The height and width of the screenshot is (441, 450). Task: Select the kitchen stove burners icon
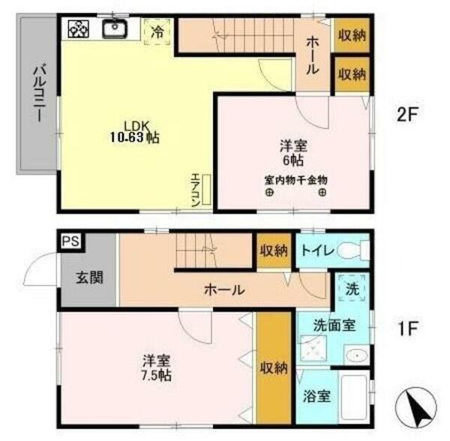[x=79, y=29]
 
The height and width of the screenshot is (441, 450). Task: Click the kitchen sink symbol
[x=113, y=29]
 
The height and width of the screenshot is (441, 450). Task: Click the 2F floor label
[x=407, y=115]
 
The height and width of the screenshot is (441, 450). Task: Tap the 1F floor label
[x=407, y=328]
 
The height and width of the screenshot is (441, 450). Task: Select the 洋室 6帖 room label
[x=293, y=152]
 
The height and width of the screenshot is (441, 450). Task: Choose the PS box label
[x=70, y=241]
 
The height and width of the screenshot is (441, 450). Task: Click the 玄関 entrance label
[x=88, y=277]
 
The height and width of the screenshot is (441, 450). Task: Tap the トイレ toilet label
[x=318, y=250]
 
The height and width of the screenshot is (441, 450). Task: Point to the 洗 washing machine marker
[x=352, y=289]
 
